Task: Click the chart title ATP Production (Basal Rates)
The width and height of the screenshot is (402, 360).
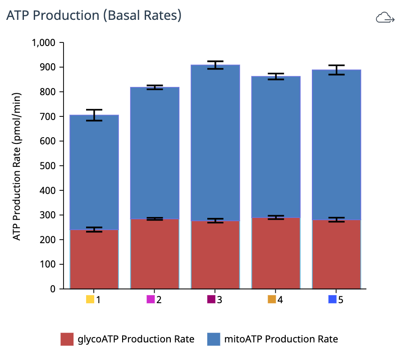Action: click(x=94, y=15)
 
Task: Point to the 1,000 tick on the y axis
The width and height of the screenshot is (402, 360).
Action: click(x=42, y=43)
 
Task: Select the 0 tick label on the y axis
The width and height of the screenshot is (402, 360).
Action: click(x=52, y=289)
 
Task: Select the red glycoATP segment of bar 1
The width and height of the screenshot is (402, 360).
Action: click(x=94, y=259)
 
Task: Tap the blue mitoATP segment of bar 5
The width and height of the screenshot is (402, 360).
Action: click(x=337, y=144)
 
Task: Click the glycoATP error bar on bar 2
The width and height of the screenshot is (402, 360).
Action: click(x=155, y=219)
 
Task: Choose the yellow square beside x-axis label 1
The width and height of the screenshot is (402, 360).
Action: click(x=90, y=300)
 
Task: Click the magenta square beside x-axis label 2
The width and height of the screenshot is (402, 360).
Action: click(x=151, y=300)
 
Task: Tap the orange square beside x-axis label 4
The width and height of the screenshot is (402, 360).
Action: click(x=272, y=300)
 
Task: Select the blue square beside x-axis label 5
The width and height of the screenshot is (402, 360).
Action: click(x=333, y=300)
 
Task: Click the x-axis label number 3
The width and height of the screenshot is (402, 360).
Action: click(x=219, y=300)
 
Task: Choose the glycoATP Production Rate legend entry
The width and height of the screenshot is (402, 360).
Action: click(x=128, y=339)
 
